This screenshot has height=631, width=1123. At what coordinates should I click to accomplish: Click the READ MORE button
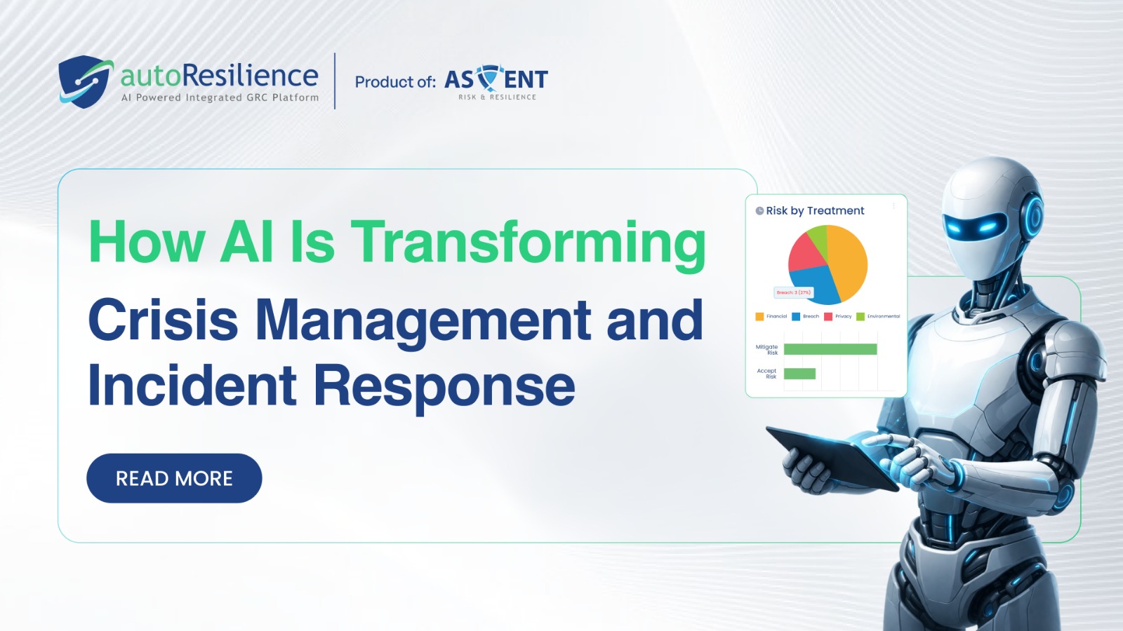pyautogui.click(x=174, y=478)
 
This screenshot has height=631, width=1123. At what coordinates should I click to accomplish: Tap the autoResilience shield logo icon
pyautogui.click(x=85, y=81)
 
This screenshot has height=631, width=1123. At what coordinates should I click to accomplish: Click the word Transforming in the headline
pyautogui.click(x=528, y=243)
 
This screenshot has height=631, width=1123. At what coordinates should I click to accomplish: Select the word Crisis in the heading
pyautogui.click(x=163, y=320)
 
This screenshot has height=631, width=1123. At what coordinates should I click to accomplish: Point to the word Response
pyautogui.click(x=444, y=386)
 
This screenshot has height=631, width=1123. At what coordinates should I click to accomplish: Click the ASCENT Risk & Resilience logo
pyautogui.click(x=496, y=83)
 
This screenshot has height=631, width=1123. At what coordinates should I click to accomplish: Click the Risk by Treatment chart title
pyautogui.click(x=814, y=210)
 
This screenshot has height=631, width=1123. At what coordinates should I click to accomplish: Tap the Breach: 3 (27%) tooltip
pyautogui.click(x=794, y=292)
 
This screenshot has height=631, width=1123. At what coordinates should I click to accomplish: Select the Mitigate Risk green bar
pyautogui.click(x=830, y=349)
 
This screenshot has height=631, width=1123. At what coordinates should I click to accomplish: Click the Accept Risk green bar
pyautogui.click(x=799, y=374)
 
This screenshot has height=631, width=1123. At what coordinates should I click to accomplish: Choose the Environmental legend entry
pyautogui.click(x=878, y=316)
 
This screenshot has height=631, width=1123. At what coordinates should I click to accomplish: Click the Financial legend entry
pyautogui.click(x=771, y=316)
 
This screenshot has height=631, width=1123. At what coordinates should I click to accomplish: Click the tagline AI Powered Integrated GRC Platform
pyautogui.click(x=220, y=97)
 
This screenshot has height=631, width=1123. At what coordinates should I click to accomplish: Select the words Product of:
pyautogui.click(x=395, y=82)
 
